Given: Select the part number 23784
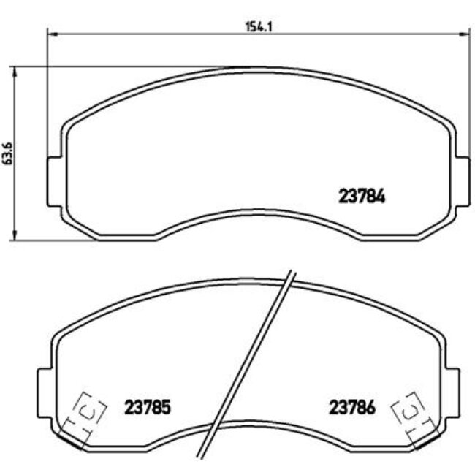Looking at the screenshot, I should click(362, 196).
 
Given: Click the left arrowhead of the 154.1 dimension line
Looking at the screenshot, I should click(51, 33).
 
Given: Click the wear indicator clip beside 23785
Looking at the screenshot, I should click(86, 415).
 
